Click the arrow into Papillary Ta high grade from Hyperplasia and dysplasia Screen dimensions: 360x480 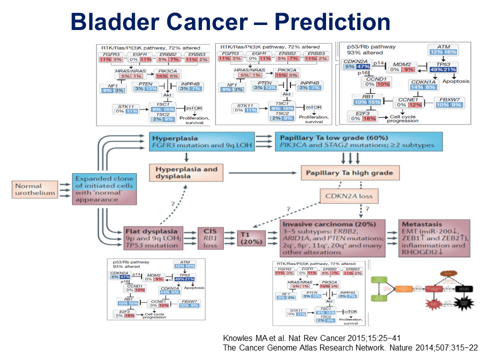pyautogui.click(x=292, y=173)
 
